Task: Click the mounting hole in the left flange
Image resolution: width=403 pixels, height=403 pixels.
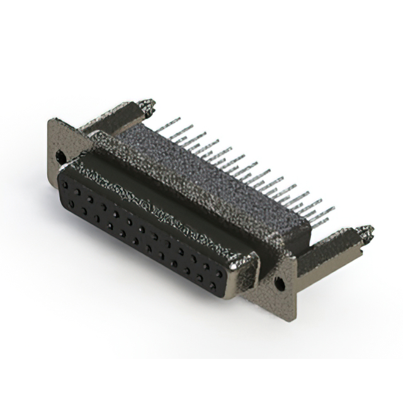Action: pyautogui.click(x=60, y=154)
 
